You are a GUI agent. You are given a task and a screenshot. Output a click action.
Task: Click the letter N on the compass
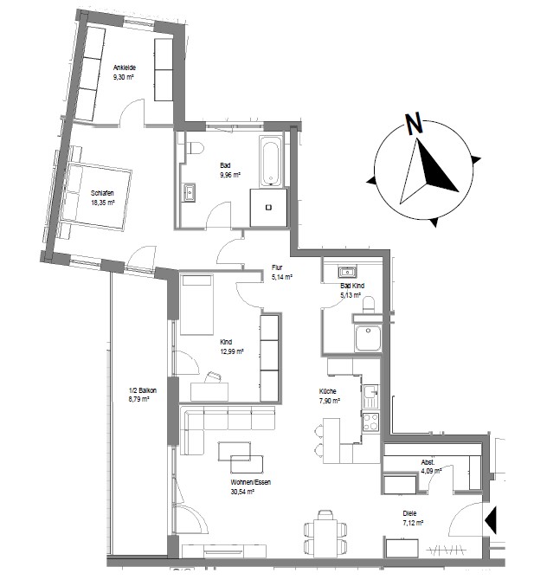pos(414,124)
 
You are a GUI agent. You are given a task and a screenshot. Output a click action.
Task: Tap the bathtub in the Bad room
pos(270,161)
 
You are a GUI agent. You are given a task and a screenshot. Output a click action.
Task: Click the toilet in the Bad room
pos(194,148)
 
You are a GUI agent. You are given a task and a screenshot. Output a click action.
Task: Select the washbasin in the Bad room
pos(189,193)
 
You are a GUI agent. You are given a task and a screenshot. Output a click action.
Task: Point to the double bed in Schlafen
pos(96,195)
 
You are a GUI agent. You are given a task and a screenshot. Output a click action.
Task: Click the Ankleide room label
pos(125,68)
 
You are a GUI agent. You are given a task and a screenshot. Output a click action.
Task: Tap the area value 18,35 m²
pos(103,203)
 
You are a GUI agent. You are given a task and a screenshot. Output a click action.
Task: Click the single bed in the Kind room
pos(197,304)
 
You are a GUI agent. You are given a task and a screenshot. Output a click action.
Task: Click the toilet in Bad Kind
pos(369,305)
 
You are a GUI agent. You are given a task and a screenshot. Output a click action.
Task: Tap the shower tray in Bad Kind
pos(368,338)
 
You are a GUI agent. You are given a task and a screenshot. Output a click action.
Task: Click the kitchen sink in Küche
pos(370,396)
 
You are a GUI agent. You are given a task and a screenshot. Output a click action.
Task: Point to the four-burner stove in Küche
pos(370,422)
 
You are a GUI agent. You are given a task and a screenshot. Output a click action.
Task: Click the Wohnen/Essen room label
pos(251,482)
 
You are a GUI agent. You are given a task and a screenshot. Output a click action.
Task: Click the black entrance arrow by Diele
pos(491,520)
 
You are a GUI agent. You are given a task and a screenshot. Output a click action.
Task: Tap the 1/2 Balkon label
pos(143,390)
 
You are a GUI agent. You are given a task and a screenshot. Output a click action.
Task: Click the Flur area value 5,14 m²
pos(282,277)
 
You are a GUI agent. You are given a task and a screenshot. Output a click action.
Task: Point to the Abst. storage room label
pos(428,462)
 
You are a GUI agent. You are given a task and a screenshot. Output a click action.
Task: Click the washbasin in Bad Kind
pos(348,272)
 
